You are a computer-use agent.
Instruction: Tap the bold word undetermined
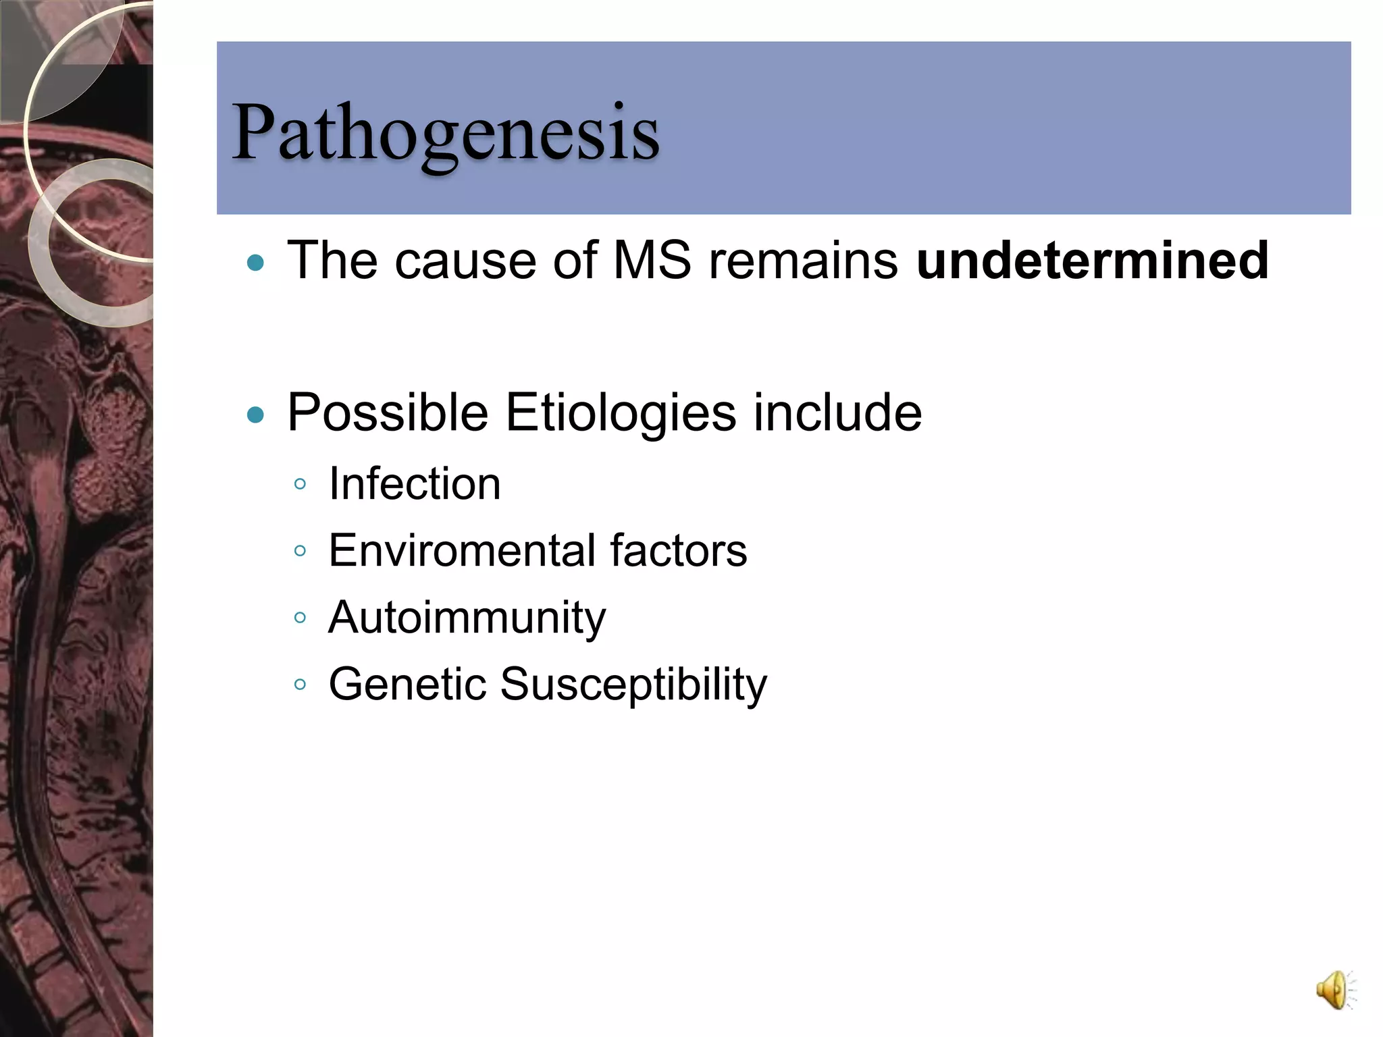(x=1092, y=261)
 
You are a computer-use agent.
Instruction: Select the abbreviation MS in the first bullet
(x=652, y=261)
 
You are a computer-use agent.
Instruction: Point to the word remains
(x=803, y=261)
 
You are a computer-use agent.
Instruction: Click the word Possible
(x=388, y=413)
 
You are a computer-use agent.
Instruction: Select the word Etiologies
(x=621, y=413)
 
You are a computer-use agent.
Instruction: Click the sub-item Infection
(x=415, y=484)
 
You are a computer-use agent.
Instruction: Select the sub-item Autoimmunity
(x=467, y=618)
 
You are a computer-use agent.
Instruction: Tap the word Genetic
(x=407, y=684)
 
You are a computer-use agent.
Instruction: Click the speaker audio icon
(x=1333, y=990)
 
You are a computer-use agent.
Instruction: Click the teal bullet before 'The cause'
(x=255, y=263)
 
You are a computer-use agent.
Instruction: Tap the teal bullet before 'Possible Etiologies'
(x=255, y=414)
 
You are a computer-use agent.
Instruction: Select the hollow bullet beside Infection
(x=301, y=484)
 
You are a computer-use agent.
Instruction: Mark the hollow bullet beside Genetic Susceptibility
(x=301, y=684)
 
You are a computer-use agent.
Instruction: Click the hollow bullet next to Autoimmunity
(x=301, y=617)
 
